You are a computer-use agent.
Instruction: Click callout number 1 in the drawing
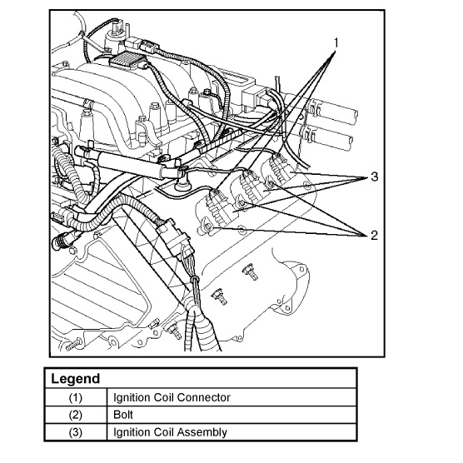pos(336,42)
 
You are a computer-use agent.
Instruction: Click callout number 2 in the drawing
pos(374,236)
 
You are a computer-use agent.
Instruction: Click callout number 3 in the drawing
pos(374,177)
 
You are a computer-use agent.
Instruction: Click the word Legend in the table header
pos(75,379)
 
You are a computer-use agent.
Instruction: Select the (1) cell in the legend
pos(75,397)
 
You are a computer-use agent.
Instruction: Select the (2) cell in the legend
pos(75,415)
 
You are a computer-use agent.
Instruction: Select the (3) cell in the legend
pos(75,432)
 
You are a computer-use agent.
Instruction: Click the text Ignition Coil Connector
pos(172,397)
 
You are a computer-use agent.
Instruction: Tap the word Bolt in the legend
pos(123,415)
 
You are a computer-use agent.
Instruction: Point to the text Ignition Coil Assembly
pos(170,432)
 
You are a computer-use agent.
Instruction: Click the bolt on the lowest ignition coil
pos(208,227)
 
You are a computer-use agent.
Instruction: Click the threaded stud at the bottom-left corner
pos(72,346)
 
